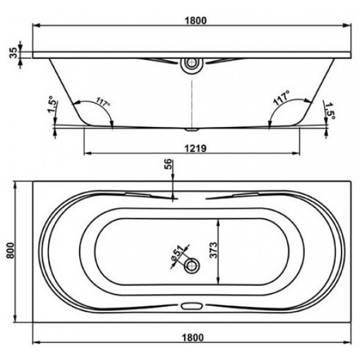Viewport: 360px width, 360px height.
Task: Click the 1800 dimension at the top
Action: pos(192,20)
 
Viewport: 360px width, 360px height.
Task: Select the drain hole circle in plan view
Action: pos(192,264)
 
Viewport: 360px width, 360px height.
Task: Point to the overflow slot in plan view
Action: pos(192,305)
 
